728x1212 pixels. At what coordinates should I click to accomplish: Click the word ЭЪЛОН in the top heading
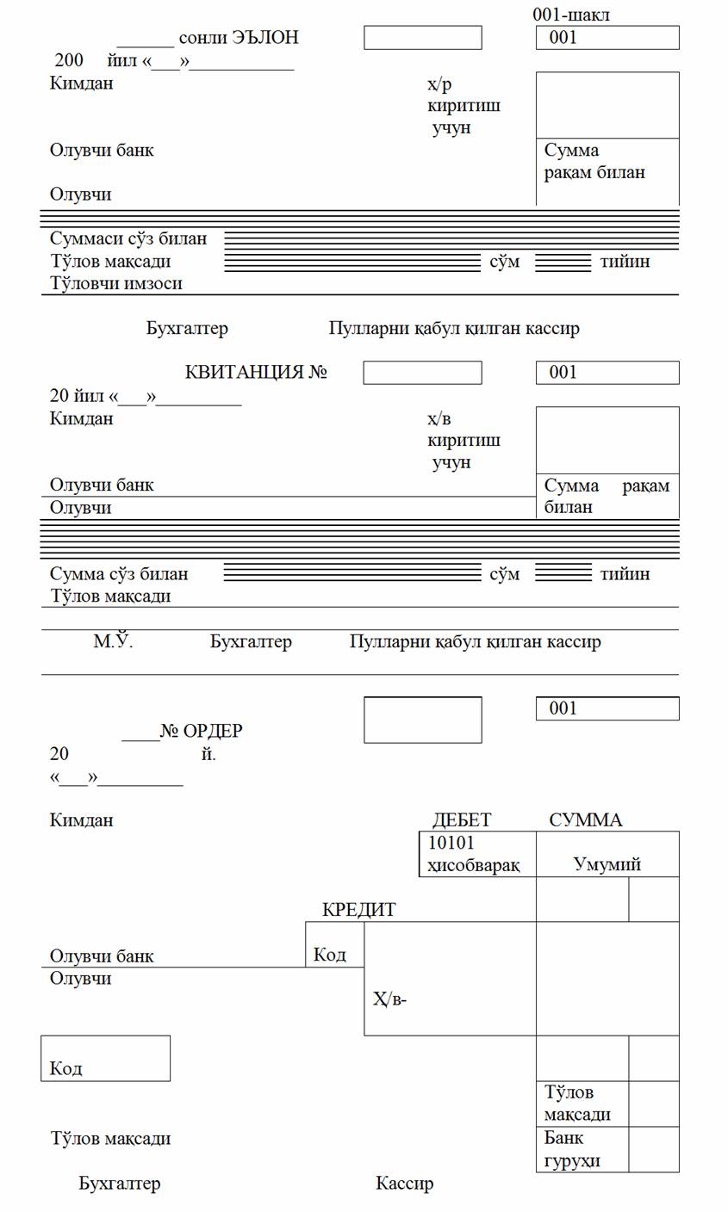(265, 38)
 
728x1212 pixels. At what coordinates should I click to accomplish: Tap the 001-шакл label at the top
(571, 15)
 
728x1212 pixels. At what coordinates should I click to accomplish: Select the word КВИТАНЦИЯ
(245, 373)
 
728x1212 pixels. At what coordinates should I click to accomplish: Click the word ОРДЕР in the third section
(213, 731)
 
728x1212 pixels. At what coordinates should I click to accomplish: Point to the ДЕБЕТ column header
(461, 819)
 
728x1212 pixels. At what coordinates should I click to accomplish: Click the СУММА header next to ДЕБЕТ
(585, 819)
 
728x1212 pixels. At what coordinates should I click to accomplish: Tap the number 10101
(451, 844)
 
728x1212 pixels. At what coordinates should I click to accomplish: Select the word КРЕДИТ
(358, 910)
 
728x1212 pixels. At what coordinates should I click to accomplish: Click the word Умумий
(607, 864)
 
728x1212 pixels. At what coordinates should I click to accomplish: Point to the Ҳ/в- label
(389, 999)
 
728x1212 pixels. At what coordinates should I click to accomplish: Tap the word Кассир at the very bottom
(404, 1184)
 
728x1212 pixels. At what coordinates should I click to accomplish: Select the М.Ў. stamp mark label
(113, 641)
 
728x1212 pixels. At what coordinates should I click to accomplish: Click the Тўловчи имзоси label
(115, 283)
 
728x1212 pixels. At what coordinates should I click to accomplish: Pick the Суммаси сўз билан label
(128, 238)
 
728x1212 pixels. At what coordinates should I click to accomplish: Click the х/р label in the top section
(439, 84)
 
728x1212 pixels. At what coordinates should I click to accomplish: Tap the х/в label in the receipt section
(439, 419)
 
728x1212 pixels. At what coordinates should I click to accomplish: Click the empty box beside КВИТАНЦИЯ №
(422, 373)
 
